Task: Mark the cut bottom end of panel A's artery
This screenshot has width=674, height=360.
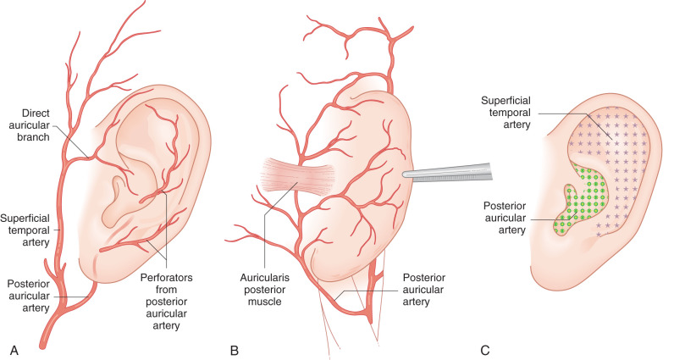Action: (x=45, y=343)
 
